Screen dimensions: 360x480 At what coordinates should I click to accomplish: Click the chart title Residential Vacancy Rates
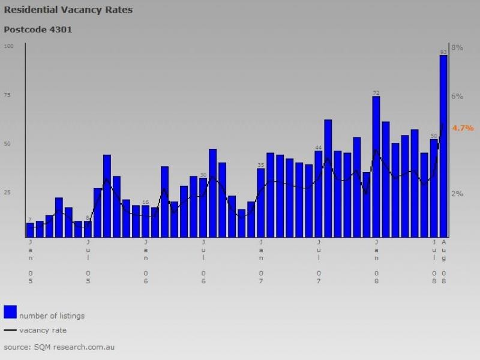pos(68,10)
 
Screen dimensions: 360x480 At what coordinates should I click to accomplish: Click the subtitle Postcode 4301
pos(38,29)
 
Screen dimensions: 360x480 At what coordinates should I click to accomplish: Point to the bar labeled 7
pos(30,230)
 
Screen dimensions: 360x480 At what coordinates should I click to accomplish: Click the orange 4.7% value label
pos(463,128)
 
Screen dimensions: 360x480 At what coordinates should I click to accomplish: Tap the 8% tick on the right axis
pos(457,47)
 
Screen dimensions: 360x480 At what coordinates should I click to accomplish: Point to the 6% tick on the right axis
pos(457,96)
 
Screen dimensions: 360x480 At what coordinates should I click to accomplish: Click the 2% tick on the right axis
pos(457,193)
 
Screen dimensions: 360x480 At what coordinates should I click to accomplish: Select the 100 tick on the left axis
pos(8,46)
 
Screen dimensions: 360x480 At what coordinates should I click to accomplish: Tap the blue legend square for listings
pos(10,311)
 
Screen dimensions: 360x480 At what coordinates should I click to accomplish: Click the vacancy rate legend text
pos(43,330)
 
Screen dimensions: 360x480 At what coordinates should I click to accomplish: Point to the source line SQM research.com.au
pos(59,347)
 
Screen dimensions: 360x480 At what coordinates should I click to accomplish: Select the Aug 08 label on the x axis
pos(444,261)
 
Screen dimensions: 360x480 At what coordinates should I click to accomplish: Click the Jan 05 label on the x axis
pos(30,261)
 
